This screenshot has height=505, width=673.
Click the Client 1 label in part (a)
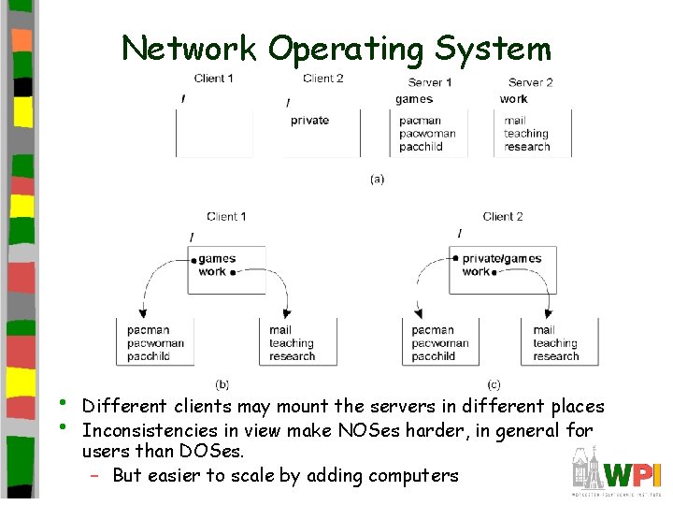click(x=214, y=79)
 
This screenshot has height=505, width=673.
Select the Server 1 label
click(x=430, y=82)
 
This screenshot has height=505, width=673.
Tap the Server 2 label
click(x=530, y=82)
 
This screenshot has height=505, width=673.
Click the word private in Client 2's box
click(x=309, y=120)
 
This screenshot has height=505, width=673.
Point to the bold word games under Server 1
click(x=414, y=99)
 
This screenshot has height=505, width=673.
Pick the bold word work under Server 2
click(x=513, y=99)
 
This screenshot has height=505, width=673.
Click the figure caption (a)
click(x=377, y=178)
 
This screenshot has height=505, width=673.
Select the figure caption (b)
click(x=222, y=383)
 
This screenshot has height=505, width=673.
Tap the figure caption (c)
click(x=494, y=383)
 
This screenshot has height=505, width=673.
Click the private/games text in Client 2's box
click(x=502, y=259)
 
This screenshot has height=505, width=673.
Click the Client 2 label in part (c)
click(x=503, y=217)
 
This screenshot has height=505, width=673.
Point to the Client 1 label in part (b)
click(x=226, y=217)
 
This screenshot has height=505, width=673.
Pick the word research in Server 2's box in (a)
click(x=527, y=147)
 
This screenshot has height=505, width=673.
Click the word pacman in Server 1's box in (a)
click(x=420, y=121)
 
